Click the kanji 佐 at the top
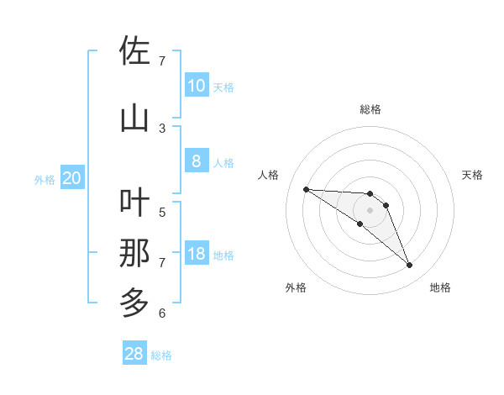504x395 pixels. (x=134, y=51)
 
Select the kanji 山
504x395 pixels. (x=134, y=118)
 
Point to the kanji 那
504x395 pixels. (x=134, y=253)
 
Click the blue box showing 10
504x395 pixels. (x=196, y=86)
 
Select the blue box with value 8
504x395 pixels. (x=196, y=161)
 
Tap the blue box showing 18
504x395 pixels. (x=196, y=254)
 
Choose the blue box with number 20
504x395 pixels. (x=71, y=178)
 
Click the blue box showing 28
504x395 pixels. (x=134, y=354)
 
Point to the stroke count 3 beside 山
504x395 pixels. (x=162, y=129)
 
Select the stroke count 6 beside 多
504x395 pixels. (x=162, y=313)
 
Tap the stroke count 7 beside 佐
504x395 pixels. (x=162, y=61)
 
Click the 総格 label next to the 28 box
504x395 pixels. (x=161, y=355)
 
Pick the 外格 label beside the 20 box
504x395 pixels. (x=45, y=179)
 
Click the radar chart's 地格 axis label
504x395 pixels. (x=440, y=287)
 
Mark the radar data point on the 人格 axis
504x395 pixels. (x=307, y=189)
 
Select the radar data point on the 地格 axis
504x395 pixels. (x=409, y=266)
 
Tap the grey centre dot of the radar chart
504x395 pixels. (x=370, y=210)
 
